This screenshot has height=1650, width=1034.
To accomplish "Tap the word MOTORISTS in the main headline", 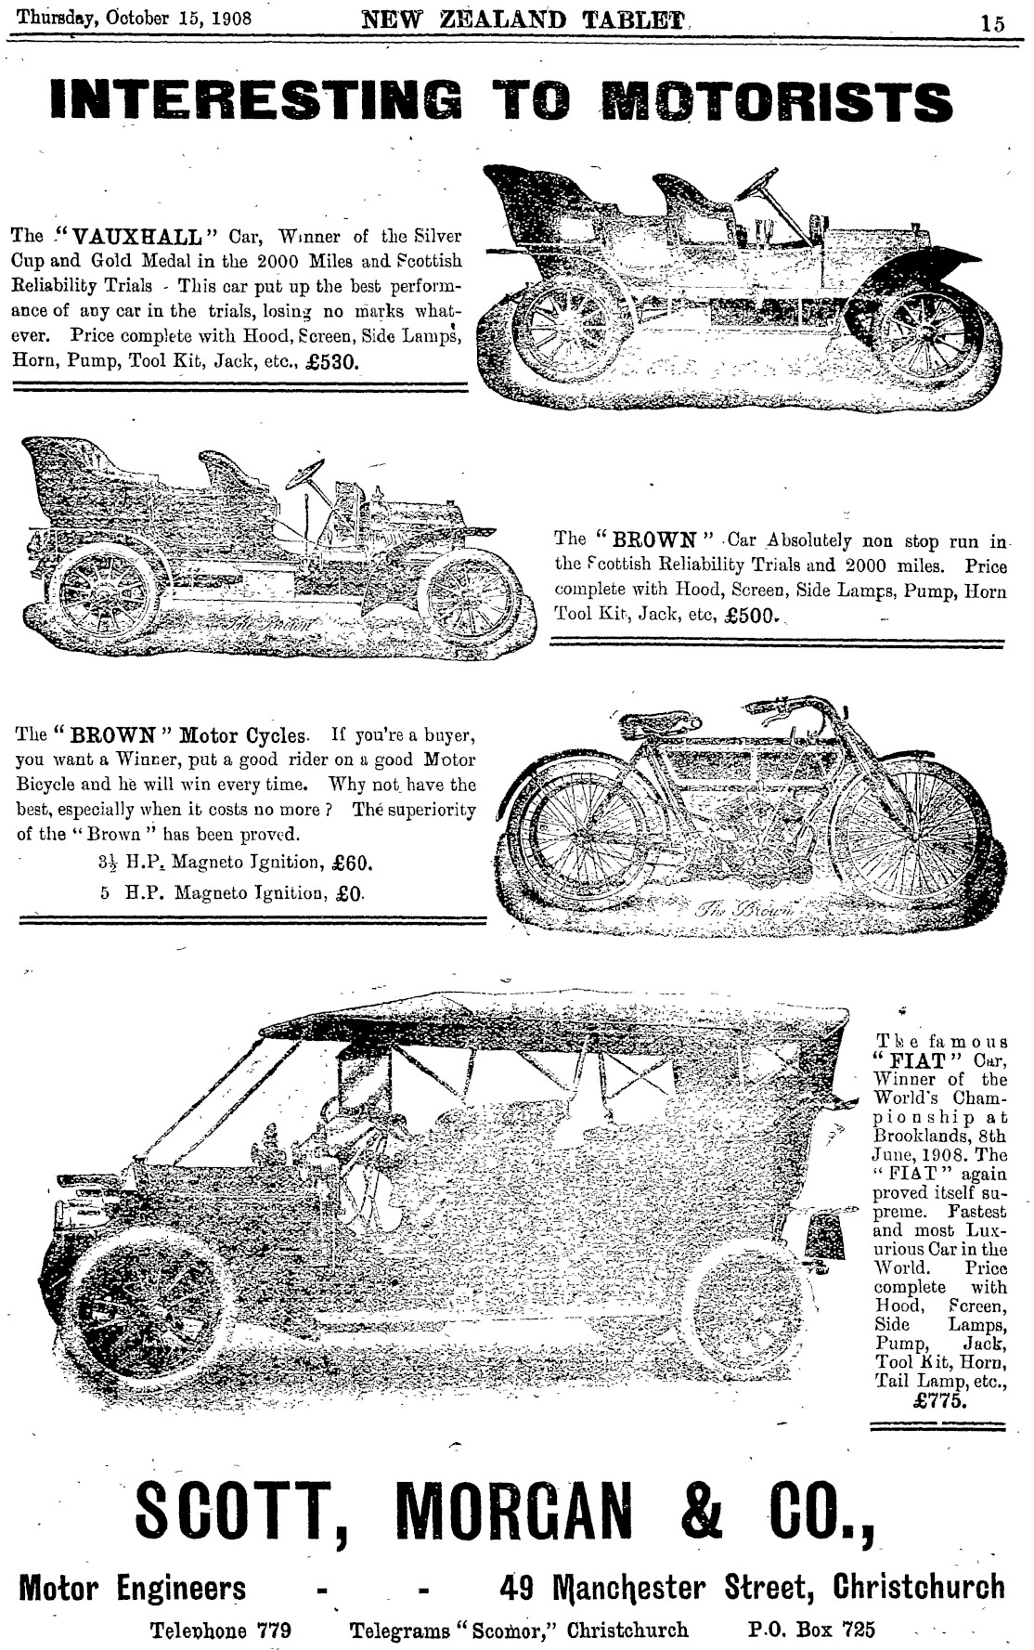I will (x=776, y=101).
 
